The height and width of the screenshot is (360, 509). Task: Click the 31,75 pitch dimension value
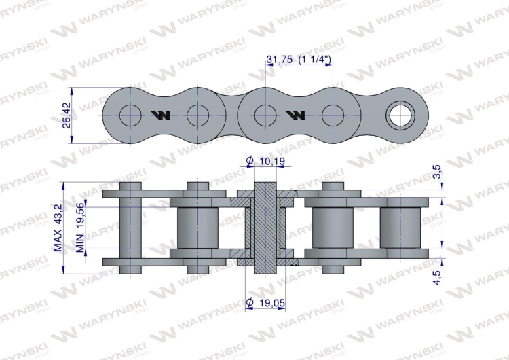point(280,60)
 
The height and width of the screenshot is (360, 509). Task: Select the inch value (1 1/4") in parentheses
point(314,60)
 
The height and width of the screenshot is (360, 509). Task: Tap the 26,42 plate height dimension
point(66,114)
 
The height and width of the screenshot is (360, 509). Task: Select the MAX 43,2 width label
point(59,228)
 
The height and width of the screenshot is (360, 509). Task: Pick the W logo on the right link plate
point(296,114)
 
